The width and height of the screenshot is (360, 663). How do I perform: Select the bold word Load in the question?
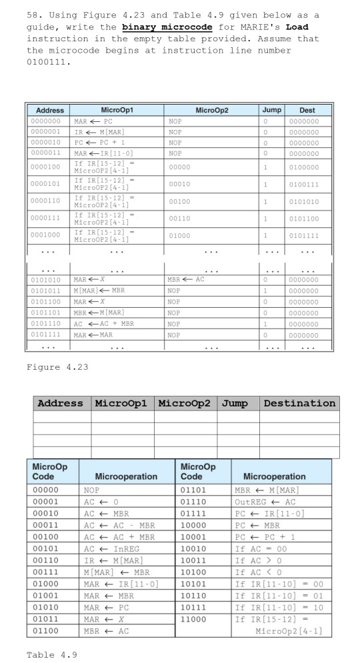coord(297,27)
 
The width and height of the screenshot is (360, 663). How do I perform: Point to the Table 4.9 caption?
coord(52,654)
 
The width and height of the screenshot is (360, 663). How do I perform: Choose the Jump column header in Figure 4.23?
coord(271,110)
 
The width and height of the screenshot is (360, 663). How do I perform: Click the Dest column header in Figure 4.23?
coord(307,110)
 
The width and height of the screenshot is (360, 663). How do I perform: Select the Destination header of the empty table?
coord(300,403)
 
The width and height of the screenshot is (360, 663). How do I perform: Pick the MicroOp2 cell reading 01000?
coord(179,235)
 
